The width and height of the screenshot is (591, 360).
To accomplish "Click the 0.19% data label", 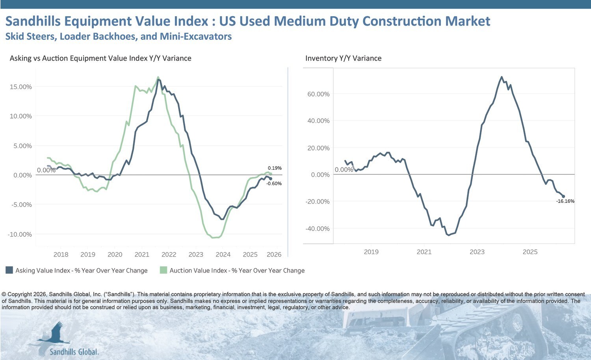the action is pyautogui.click(x=275, y=168).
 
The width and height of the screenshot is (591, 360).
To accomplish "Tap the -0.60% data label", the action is pyautogui.click(x=274, y=184).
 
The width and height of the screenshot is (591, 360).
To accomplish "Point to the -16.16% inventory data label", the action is pyautogui.click(x=565, y=201).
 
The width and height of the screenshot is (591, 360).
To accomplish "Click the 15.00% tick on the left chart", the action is pyautogui.click(x=20, y=87).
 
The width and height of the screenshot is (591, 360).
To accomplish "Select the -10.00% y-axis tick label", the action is pyautogui.click(x=20, y=234).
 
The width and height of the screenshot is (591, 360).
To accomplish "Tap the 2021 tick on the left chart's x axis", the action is pyautogui.click(x=142, y=254).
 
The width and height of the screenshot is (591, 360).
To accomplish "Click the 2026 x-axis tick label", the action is pyautogui.click(x=274, y=254).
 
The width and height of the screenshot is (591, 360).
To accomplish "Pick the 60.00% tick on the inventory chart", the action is pyautogui.click(x=318, y=94).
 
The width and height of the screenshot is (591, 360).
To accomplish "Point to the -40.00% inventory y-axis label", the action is pyautogui.click(x=318, y=229).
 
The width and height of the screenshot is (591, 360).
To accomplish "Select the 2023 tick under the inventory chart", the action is pyautogui.click(x=477, y=252).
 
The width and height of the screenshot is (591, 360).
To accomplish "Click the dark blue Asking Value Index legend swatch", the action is pyautogui.click(x=9, y=270).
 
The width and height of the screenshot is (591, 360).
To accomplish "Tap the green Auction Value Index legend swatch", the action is pyautogui.click(x=164, y=270).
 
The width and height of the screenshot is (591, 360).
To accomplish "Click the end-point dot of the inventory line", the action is pyautogui.click(x=563, y=197).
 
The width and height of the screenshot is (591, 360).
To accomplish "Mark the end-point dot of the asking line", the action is pyautogui.click(x=270, y=179).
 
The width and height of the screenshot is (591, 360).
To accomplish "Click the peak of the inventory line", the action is pyautogui.click(x=501, y=77).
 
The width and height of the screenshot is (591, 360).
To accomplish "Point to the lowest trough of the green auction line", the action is pyautogui.click(x=213, y=238).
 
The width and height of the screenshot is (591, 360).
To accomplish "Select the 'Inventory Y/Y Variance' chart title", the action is pyautogui.click(x=343, y=58).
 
